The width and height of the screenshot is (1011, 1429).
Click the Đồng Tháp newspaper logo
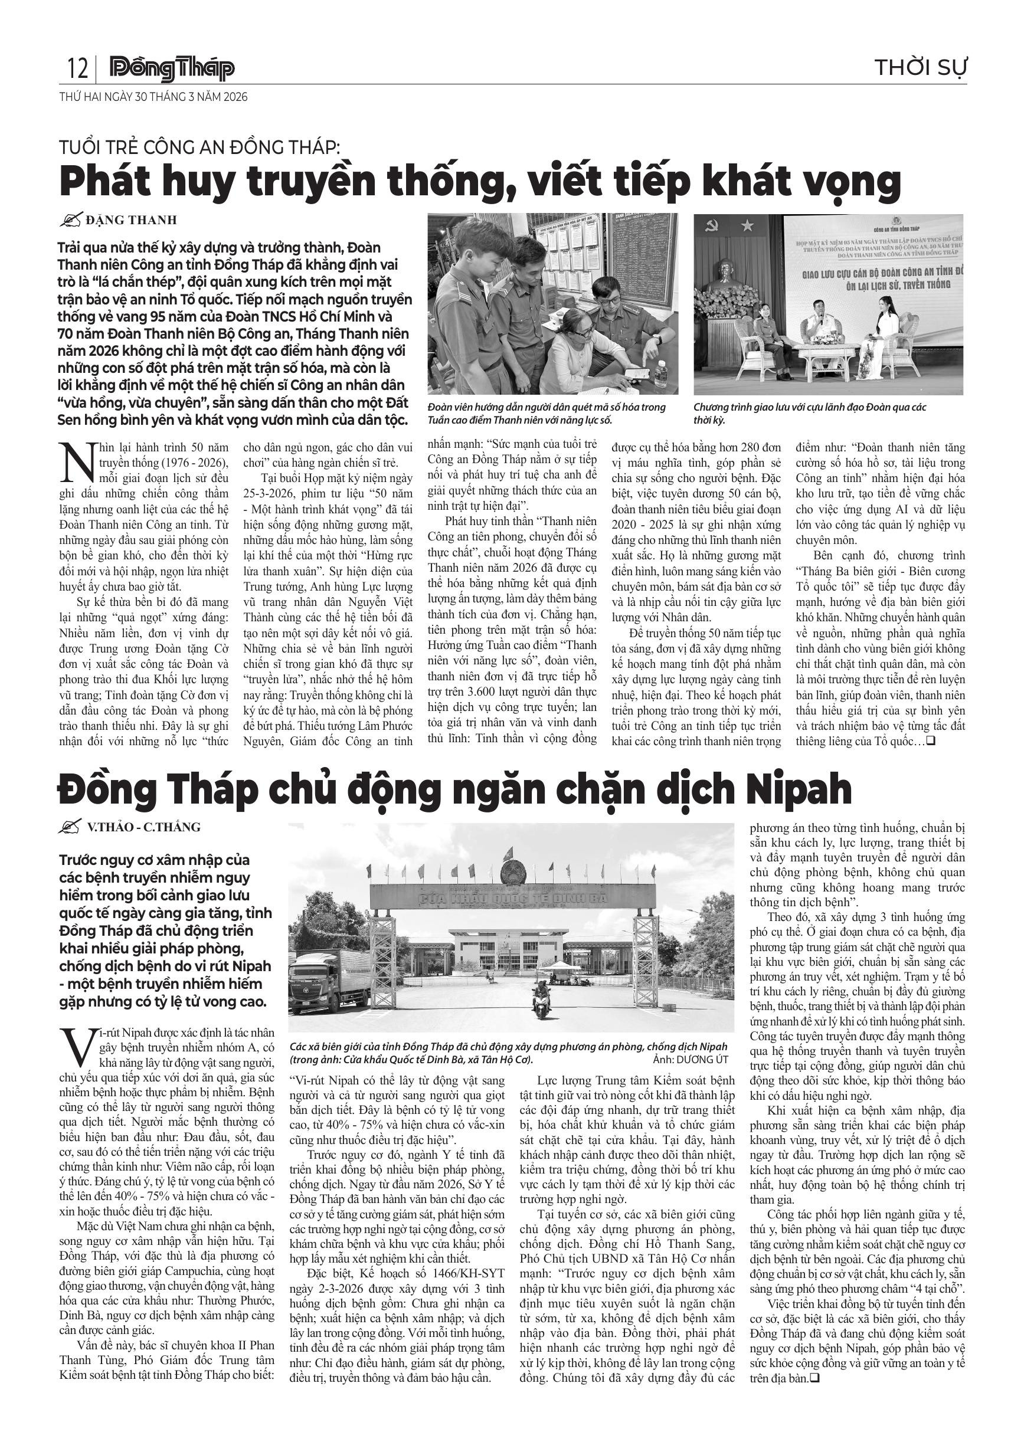pos(172,68)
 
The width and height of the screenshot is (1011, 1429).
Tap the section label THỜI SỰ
pos(921,67)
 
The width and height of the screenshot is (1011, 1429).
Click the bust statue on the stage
pos(726,274)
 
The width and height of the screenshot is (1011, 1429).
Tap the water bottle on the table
pos(660,373)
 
